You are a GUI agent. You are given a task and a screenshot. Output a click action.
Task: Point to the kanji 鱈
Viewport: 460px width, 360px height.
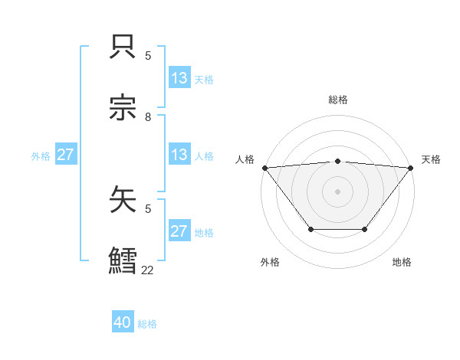[x=124, y=260]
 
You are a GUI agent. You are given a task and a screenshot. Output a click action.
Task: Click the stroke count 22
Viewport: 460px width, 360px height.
[x=148, y=270]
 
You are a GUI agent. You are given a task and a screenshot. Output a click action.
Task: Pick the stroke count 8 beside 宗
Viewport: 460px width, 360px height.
[x=148, y=117]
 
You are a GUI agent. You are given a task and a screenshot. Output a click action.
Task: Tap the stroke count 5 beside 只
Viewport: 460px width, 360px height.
[x=148, y=56]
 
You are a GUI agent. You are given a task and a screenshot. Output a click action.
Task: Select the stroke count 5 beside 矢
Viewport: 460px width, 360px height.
[x=148, y=208]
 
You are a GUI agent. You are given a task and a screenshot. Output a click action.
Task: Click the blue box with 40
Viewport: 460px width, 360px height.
[x=123, y=323]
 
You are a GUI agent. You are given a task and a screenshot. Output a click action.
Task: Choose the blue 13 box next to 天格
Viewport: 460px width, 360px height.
[x=179, y=78]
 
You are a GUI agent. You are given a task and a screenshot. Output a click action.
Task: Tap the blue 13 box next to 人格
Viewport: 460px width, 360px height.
[x=179, y=155]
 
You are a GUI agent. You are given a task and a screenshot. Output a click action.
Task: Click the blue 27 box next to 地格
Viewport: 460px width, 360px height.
[x=179, y=231]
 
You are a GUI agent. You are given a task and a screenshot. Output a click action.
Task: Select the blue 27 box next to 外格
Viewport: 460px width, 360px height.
[x=66, y=155]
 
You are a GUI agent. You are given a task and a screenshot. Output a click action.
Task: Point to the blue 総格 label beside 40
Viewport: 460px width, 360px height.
[x=148, y=324]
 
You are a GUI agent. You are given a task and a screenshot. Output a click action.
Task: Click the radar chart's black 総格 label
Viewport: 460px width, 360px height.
[x=337, y=100]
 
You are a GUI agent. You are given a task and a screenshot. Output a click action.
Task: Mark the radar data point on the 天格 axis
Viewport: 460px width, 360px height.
[x=411, y=168]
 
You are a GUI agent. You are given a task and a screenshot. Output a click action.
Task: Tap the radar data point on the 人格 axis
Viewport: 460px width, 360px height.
[x=264, y=168]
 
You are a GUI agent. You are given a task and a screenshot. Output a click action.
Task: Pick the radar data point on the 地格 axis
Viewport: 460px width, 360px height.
[x=365, y=229]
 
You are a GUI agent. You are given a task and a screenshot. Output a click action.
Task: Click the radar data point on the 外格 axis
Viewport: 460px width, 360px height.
[x=310, y=229]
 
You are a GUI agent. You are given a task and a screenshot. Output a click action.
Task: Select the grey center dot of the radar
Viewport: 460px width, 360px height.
[x=337, y=191]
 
